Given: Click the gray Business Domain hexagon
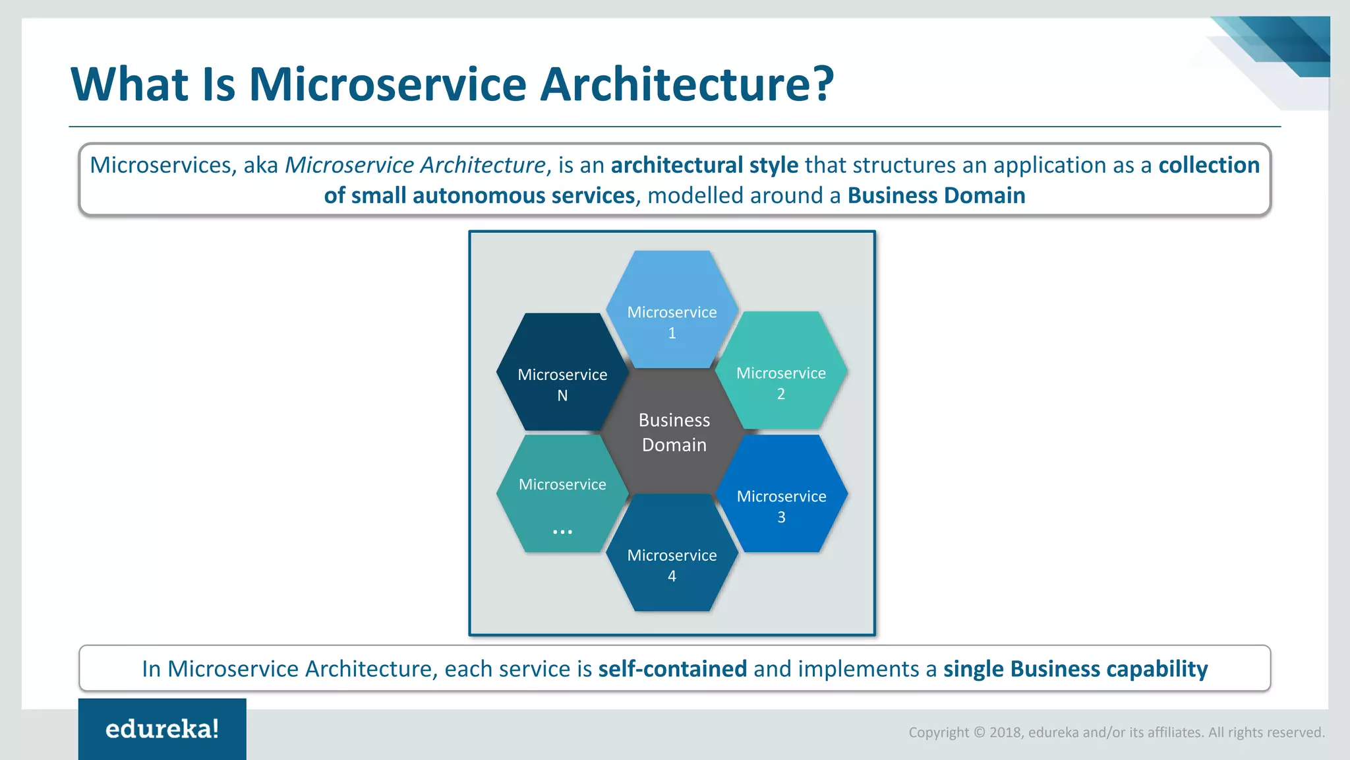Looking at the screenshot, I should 674,432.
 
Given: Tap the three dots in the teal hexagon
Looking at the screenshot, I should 562,531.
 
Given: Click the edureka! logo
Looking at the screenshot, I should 162,729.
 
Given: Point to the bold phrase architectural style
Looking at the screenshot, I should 704,165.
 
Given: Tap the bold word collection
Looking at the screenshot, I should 1208,165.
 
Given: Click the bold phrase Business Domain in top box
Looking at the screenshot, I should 936,196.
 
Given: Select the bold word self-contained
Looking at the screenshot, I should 672,669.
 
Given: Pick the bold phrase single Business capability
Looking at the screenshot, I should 1075,669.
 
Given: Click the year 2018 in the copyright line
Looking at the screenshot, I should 1005,732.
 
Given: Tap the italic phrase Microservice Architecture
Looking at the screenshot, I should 415,165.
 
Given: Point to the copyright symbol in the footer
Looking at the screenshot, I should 979,732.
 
